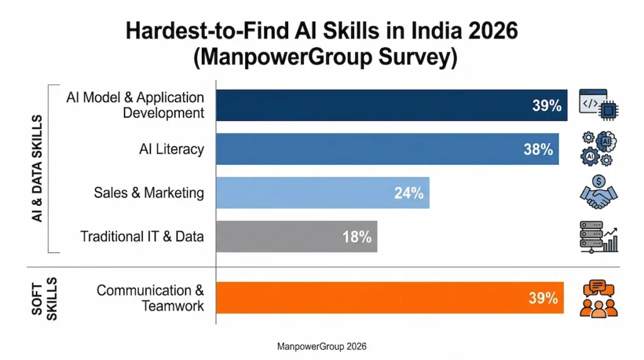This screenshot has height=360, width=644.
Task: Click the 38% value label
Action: pos(538,149)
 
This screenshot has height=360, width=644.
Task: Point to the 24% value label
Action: pos(409,193)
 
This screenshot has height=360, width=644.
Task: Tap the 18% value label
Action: pos(357,237)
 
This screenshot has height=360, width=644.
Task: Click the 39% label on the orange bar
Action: pos(543,298)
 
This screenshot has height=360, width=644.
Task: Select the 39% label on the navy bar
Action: pos(546,105)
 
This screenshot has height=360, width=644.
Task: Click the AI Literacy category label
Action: pos(171,149)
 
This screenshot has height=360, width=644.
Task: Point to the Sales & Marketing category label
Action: pos(148,193)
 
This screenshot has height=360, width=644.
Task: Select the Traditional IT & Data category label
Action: pos(142,237)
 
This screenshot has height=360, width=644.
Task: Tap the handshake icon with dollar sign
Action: pos(598,193)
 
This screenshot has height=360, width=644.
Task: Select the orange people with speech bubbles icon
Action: pos(598,298)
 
